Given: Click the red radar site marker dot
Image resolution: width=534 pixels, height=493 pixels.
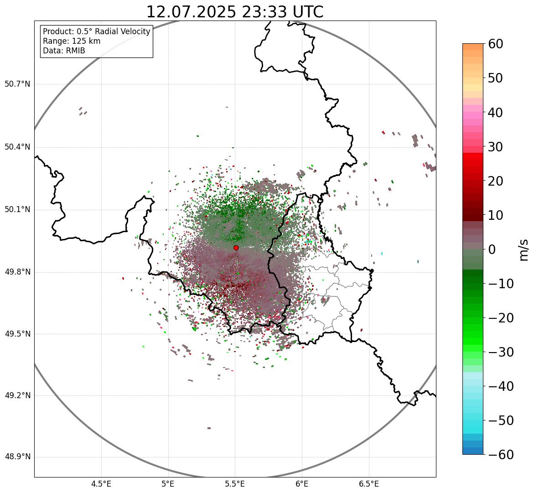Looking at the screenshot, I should coord(236,248).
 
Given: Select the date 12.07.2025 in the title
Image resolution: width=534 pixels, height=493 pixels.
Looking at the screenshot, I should coord(191,12).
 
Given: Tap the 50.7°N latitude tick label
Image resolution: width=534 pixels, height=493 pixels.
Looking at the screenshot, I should coord(17,84).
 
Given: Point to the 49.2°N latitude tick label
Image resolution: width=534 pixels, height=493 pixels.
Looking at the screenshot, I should coord(17,395).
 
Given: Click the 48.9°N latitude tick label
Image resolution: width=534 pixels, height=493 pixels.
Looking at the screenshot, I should coord(17,457).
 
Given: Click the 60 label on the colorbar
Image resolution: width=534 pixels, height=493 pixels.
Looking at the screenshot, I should coord(495,44).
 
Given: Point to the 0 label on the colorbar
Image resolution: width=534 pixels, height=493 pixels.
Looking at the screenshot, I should coord(492,249).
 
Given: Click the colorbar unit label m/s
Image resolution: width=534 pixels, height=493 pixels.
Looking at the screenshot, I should coord(524,249).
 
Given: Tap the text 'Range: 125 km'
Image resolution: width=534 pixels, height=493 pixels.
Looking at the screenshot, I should coord(72,41).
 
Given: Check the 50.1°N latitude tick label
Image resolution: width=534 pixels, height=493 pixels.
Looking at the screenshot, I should coord(17,210).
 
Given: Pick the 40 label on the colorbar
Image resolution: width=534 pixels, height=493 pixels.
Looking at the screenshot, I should coord(495,113).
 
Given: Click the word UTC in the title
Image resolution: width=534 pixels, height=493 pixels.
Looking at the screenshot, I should coord(308,12).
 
